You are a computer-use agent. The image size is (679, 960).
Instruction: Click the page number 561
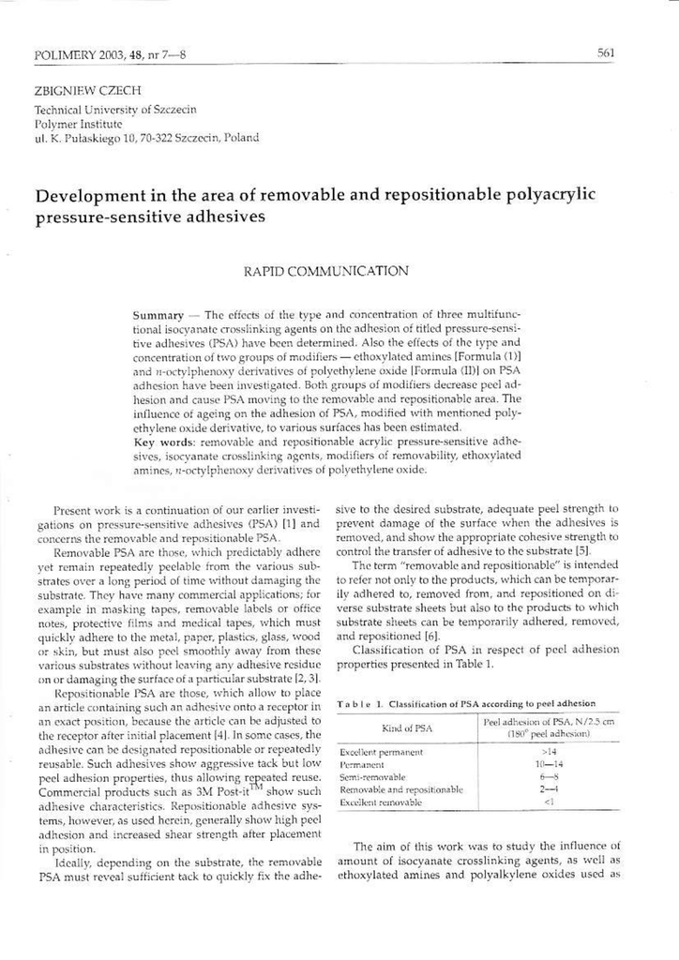(x=605, y=53)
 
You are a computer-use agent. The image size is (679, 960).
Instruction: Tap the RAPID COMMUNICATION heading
(x=325, y=271)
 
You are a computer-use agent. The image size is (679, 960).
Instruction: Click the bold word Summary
(x=158, y=315)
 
